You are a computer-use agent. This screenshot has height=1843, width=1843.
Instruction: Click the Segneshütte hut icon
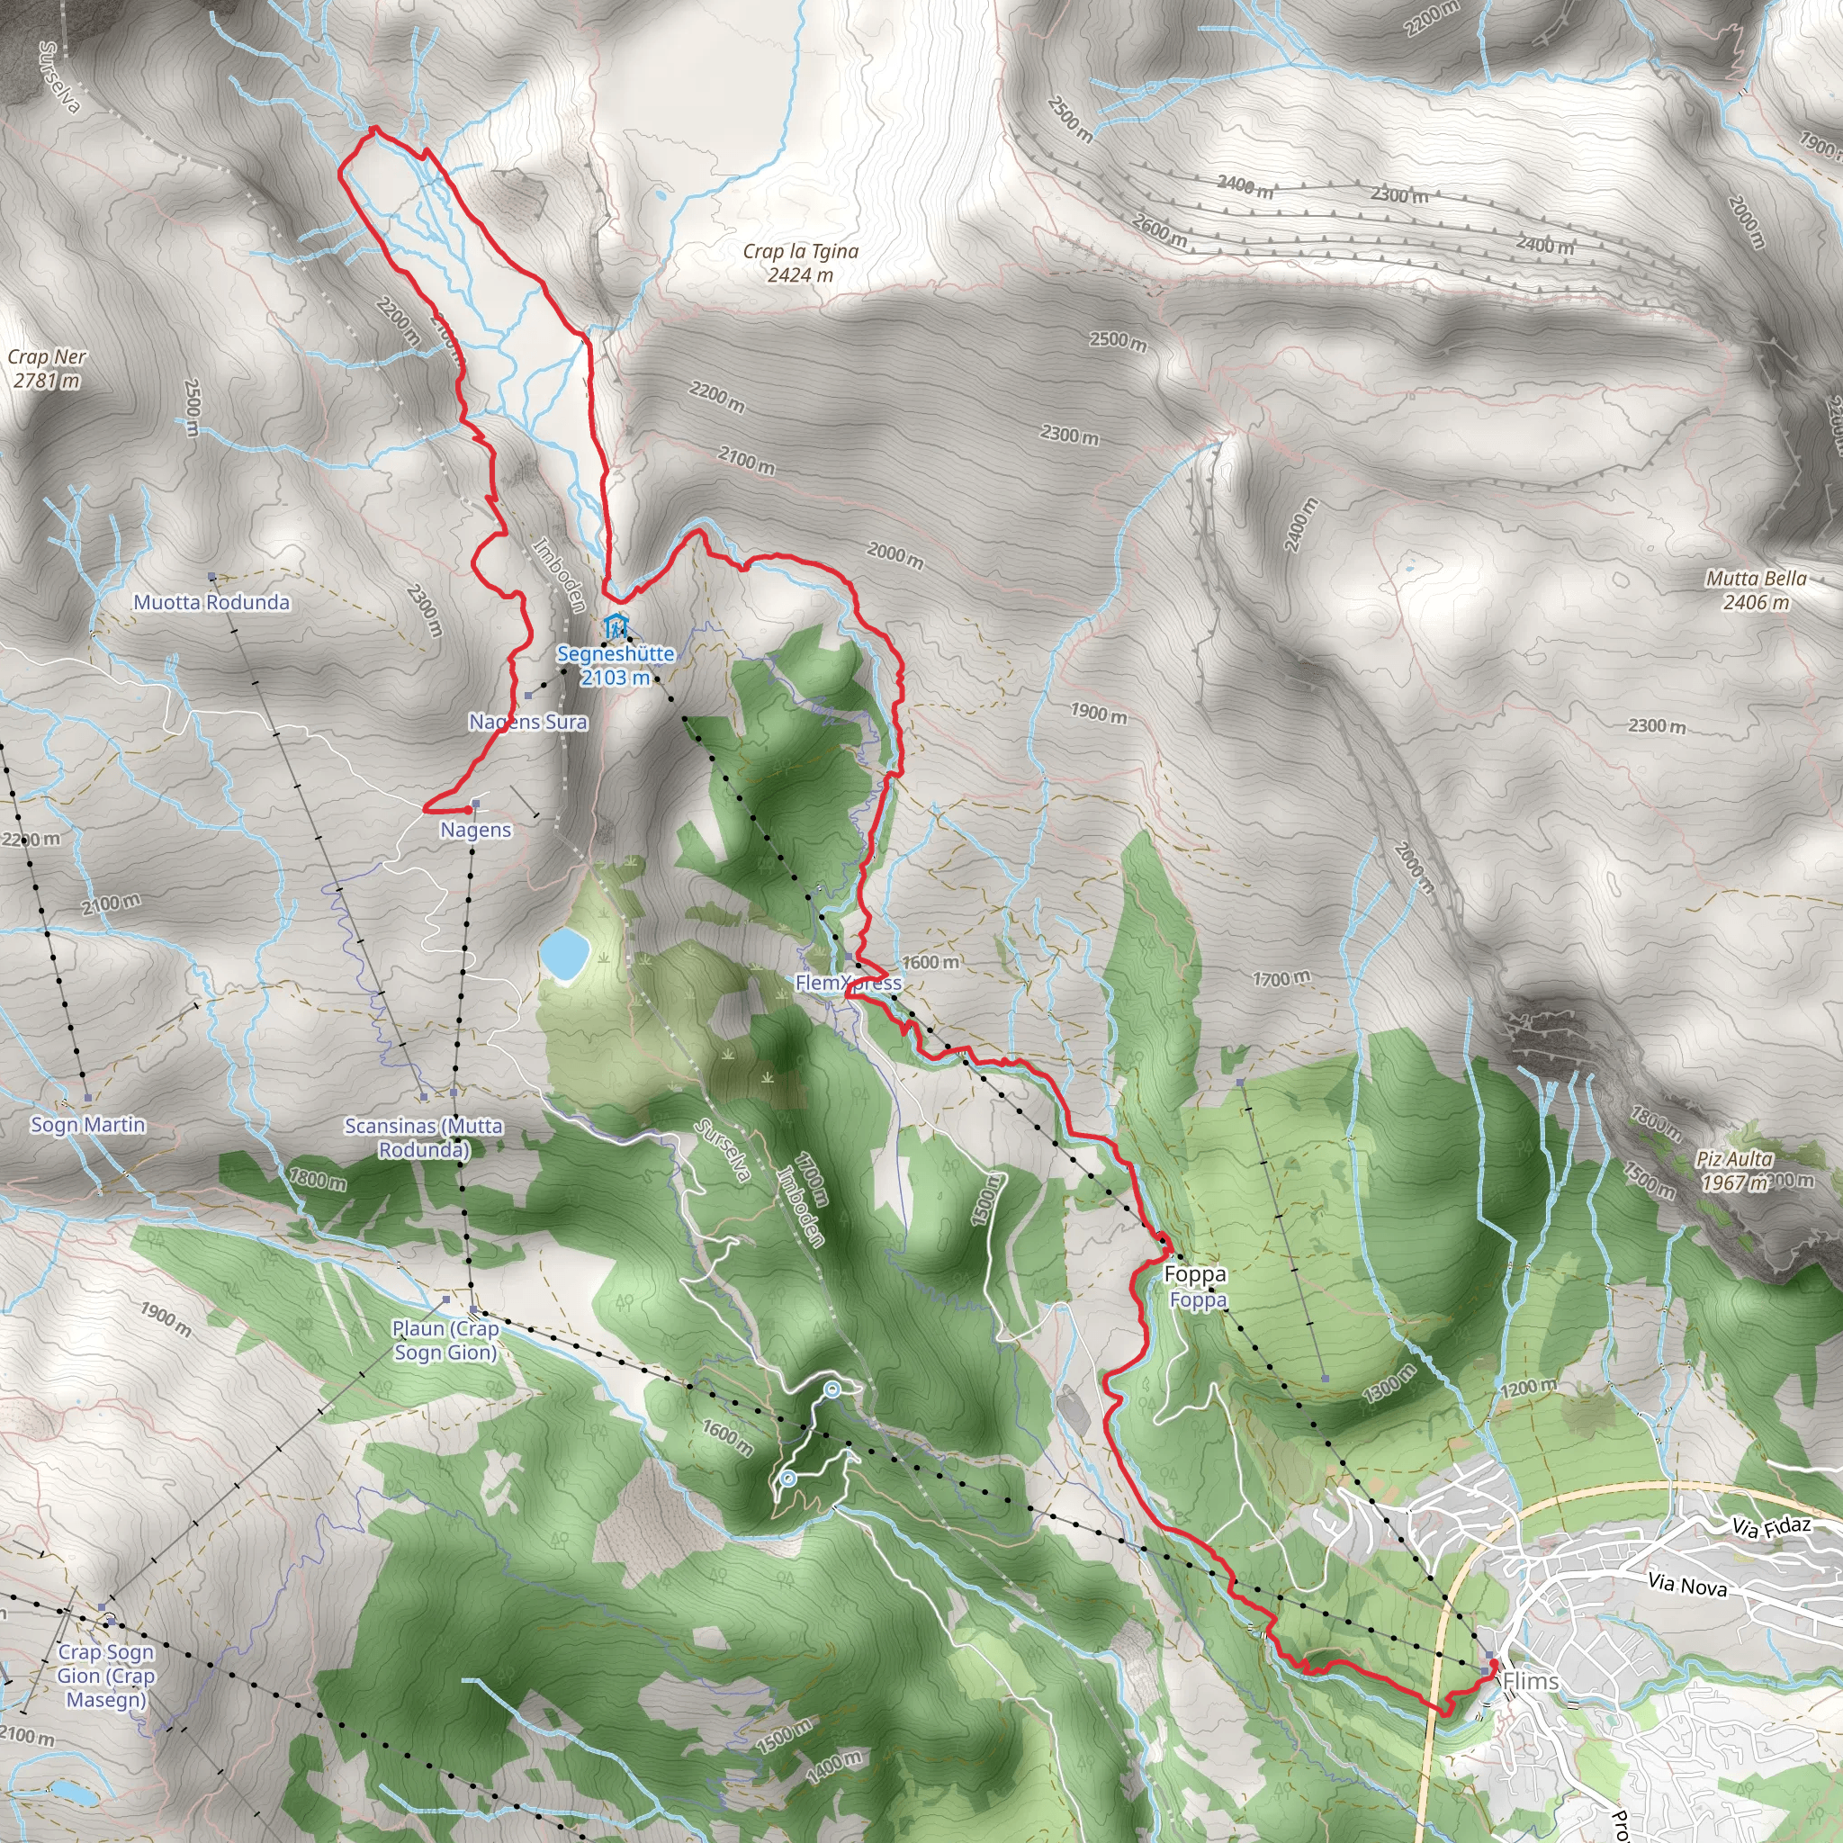616,626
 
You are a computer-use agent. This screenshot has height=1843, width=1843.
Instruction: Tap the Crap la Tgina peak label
800,263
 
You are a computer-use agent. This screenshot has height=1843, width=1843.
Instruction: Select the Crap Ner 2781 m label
47,368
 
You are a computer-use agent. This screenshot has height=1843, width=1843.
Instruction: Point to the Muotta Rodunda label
211,602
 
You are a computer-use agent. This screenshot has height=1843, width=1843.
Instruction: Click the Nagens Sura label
527,721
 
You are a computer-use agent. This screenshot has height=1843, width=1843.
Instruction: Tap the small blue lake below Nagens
562,953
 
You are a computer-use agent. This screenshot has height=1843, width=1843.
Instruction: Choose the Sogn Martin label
88,1125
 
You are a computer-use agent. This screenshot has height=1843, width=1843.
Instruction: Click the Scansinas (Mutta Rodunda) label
424,1137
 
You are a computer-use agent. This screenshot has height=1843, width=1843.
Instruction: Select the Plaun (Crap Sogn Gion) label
445,1339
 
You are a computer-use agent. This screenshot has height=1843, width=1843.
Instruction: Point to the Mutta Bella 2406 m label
1757,589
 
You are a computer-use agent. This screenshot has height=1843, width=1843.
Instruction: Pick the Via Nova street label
1687,1611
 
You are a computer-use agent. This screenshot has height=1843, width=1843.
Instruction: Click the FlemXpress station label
848,983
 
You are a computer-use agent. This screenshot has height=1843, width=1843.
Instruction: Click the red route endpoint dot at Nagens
465,809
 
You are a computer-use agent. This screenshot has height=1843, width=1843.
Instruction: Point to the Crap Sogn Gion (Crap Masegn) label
105,1675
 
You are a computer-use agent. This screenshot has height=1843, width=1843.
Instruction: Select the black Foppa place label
1195,1273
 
